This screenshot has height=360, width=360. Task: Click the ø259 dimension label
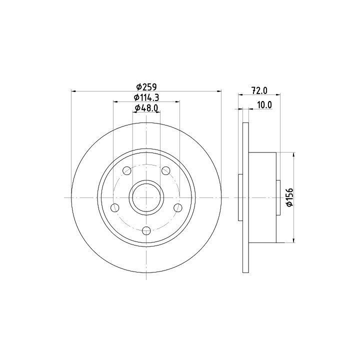click(146, 87)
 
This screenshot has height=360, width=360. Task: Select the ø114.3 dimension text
click(146, 97)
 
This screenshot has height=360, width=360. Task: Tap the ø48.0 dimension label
click(146, 108)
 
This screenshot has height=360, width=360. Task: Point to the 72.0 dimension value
click(259, 90)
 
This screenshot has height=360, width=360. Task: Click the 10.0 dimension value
click(264, 105)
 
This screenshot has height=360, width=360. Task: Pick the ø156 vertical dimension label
click(289, 197)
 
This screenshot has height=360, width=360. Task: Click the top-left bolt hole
click(127, 171)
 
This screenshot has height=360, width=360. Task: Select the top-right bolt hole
click(166, 171)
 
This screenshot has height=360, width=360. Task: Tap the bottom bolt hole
click(146, 230)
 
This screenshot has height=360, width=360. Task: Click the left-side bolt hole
click(115, 208)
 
